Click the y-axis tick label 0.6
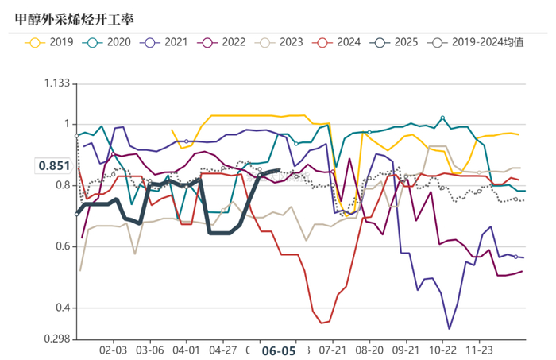64,247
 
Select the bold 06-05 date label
279,350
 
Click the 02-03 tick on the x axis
113,350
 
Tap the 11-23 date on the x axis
477,350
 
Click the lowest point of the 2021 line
449,328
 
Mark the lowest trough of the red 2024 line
321,323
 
